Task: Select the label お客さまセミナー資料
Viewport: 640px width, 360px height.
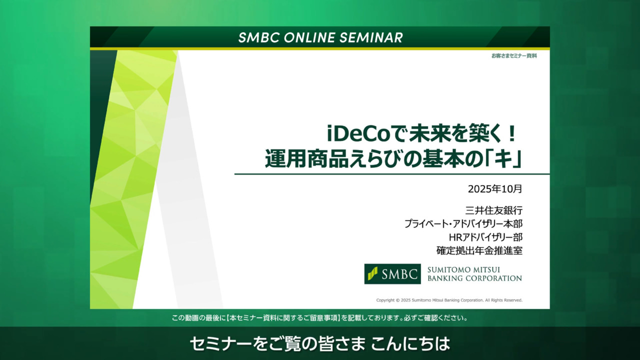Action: (x=514, y=56)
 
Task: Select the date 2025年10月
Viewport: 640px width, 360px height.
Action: (x=495, y=189)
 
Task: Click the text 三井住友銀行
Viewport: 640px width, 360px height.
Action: (x=493, y=210)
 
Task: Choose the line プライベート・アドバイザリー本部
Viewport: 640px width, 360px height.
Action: (x=463, y=224)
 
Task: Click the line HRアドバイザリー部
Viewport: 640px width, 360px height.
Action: (x=485, y=237)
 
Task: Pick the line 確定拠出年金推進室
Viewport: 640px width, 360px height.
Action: (x=479, y=250)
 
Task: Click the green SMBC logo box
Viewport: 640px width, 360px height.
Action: (x=392, y=274)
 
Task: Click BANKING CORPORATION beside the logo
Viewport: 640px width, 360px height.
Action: (x=474, y=278)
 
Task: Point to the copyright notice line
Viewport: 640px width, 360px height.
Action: (x=449, y=300)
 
